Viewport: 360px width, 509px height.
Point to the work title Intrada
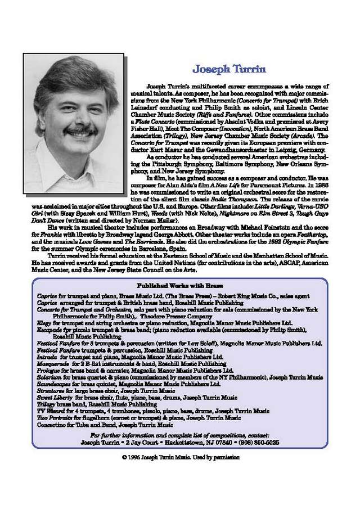tap(46, 357)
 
